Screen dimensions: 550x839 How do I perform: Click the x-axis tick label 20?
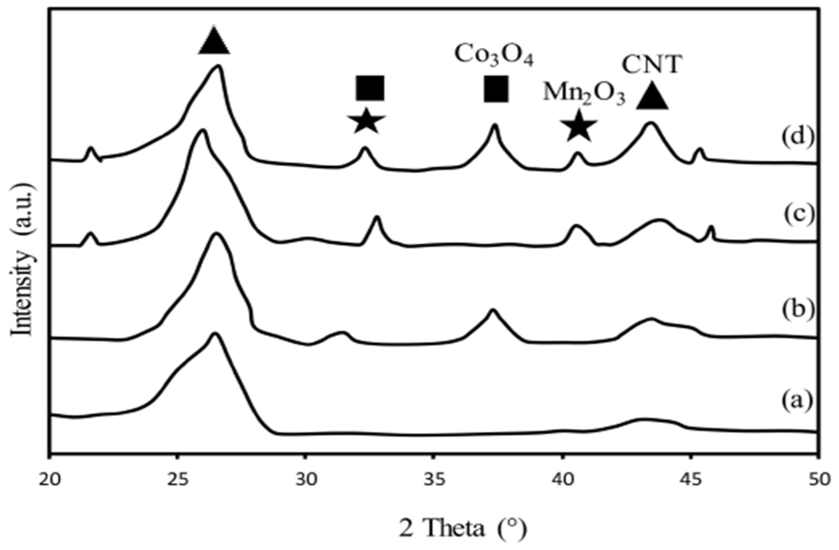point(49,480)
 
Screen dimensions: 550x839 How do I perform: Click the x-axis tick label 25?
point(178,480)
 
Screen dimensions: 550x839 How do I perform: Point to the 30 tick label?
point(306,480)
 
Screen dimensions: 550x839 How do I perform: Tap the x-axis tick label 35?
point(434,480)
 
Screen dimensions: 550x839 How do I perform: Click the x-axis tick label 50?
point(817,480)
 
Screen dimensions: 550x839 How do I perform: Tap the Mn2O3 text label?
point(584,93)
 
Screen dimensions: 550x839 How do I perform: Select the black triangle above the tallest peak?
point(214,41)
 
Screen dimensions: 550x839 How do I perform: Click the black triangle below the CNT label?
point(652,96)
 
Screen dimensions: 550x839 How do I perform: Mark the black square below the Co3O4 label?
point(496,89)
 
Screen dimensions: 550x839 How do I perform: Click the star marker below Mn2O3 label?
point(579,126)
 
